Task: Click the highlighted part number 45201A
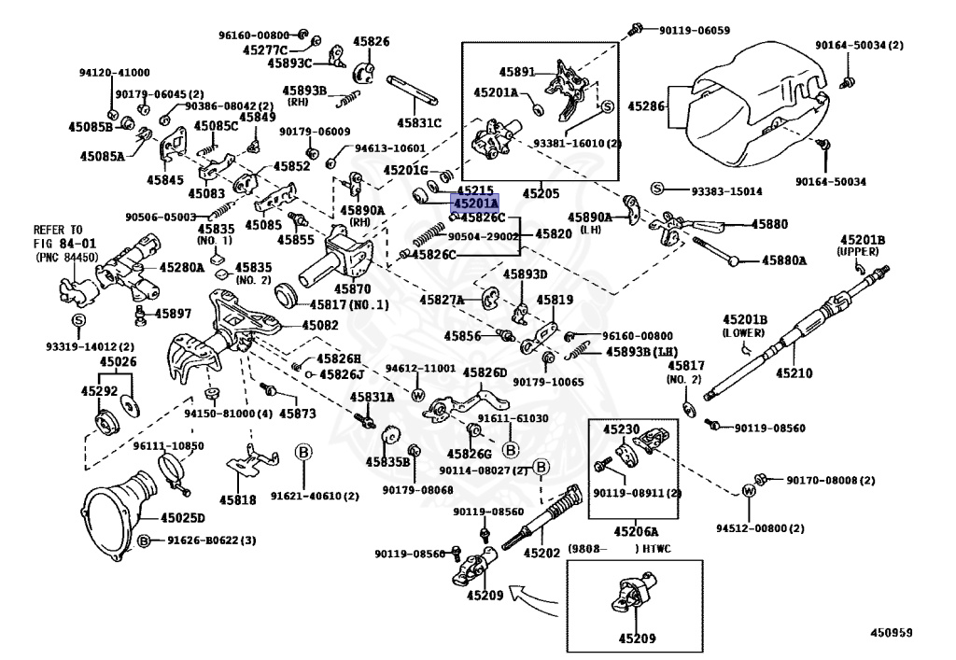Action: (474, 203)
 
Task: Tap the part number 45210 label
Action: (794, 372)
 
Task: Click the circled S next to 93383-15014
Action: (656, 189)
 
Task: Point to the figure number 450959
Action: (892, 633)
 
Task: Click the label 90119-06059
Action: (695, 30)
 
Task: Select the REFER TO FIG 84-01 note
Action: (64, 243)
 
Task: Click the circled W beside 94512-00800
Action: (749, 491)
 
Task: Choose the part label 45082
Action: (320, 326)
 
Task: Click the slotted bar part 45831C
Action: (413, 91)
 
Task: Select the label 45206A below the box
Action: (636, 531)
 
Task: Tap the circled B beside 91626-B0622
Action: (143, 541)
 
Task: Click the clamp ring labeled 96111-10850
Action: (173, 472)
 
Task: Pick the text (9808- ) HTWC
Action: (620, 549)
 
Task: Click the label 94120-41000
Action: (115, 73)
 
